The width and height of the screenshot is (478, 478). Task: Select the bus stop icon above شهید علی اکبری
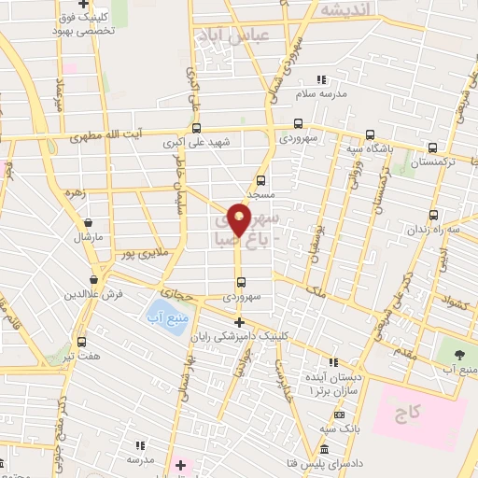pyautogui.click(x=196, y=128)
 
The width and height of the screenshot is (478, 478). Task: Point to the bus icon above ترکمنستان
pyautogui.click(x=432, y=148)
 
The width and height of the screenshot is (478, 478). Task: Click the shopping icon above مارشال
pyautogui.click(x=88, y=223)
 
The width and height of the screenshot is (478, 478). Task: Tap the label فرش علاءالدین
pyautogui.click(x=93, y=295)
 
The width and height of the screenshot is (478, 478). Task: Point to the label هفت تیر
pyautogui.click(x=81, y=358)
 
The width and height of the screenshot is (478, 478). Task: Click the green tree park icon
pyautogui.click(x=457, y=353)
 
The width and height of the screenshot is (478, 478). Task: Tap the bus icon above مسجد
pyautogui.click(x=260, y=180)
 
